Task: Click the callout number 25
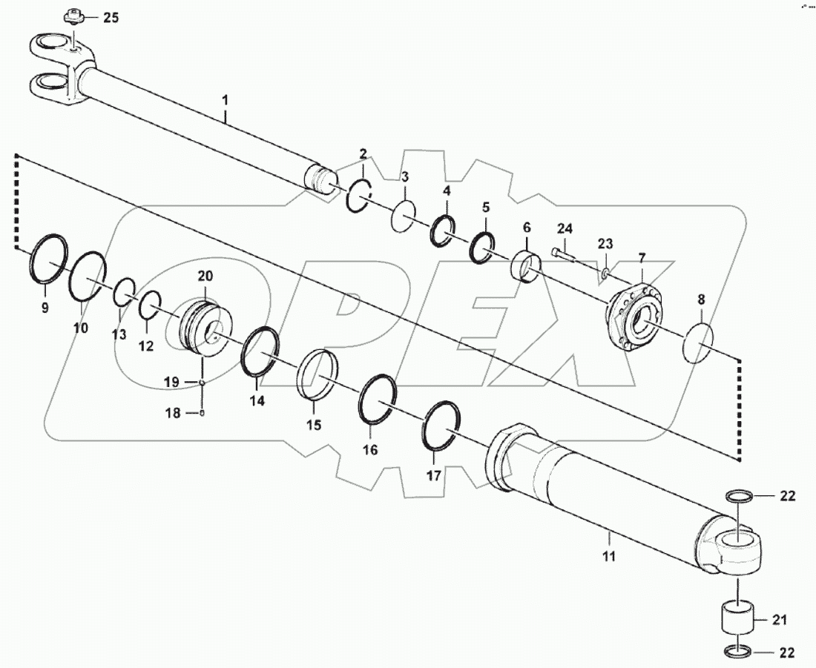click(x=110, y=18)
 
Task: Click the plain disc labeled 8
click(x=697, y=342)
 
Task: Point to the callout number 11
click(x=608, y=555)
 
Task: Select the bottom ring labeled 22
click(x=738, y=652)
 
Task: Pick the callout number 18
click(x=172, y=414)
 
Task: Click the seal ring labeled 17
click(x=441, y=425)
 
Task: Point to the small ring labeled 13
click(x=124, y=293)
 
